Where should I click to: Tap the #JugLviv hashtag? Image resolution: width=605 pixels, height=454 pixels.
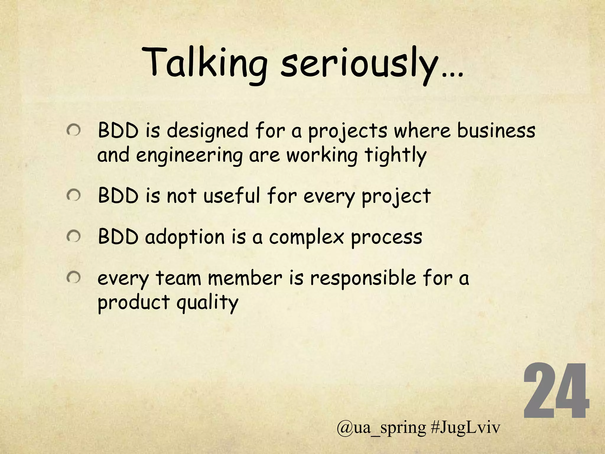[x=466, y=428]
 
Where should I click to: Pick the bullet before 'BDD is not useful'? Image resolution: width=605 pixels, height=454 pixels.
[x=74, y=196]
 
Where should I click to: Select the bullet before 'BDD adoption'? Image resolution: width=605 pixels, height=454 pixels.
[x=74, y=236]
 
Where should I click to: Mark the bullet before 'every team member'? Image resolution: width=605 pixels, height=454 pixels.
[x=74, y=278]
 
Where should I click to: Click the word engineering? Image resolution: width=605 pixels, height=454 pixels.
[x=189, y=155]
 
